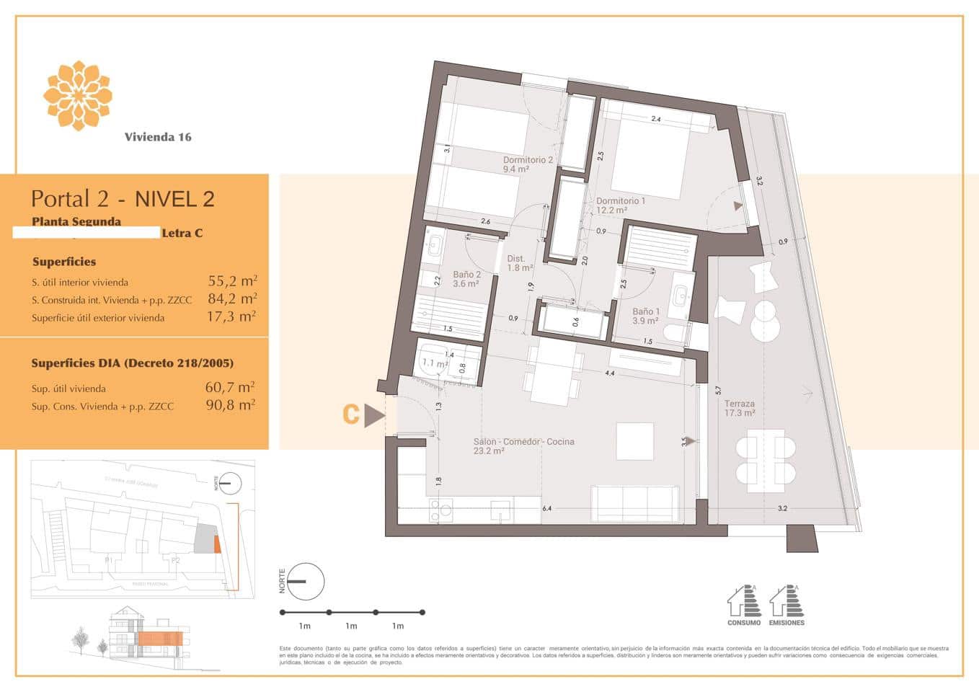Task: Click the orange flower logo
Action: (77, 96)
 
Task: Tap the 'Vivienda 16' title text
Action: (158, 137)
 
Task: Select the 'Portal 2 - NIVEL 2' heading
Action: (123, 199)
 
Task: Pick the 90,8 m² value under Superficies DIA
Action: (230, 405)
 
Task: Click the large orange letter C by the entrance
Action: (351, 414)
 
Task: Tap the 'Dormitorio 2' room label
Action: (528, 160)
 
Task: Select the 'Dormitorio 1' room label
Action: (621, 201)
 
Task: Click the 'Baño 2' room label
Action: (466, 275)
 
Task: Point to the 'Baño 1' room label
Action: (646, 311)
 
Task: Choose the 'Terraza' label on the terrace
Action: (740, 404)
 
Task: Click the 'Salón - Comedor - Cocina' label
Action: (523, 442)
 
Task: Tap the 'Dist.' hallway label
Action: (515, 259)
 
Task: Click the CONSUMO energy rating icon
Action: (743, 604)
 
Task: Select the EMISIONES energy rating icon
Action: (787, 604)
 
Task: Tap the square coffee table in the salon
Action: (635, 441)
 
